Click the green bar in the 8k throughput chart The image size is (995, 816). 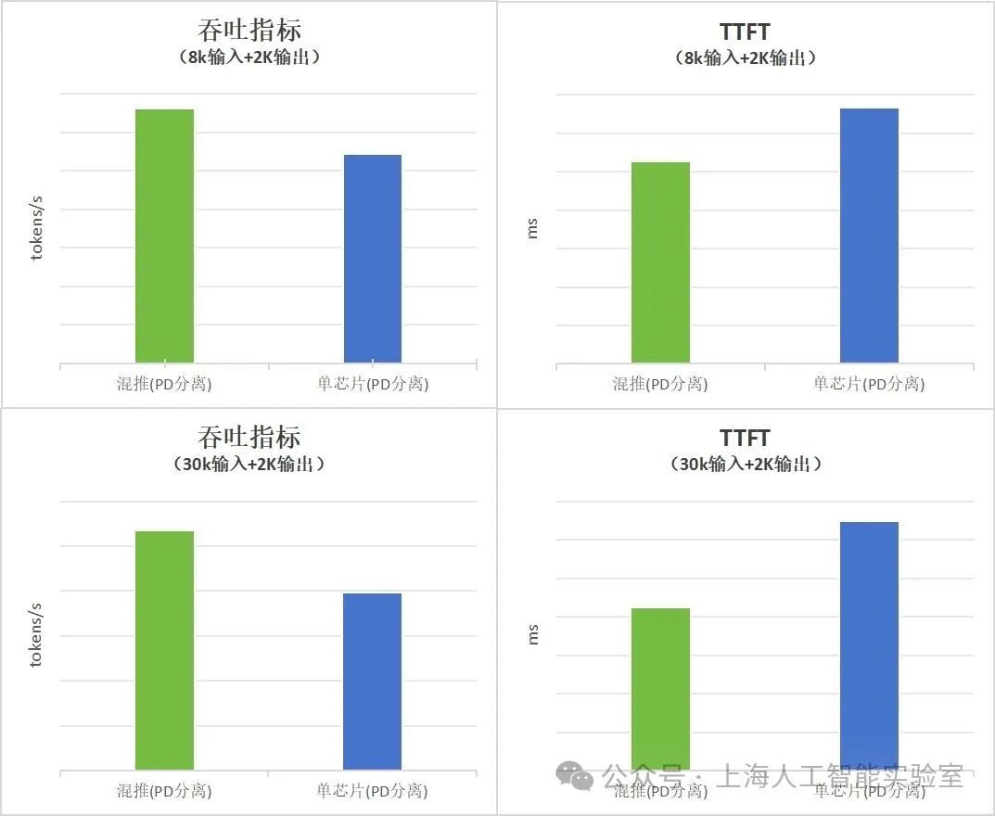click(164, 236)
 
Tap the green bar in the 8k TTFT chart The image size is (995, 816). click(660, 261)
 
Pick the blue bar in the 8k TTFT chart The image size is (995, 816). click(869, 236)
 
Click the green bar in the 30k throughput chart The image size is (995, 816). click(164, 650)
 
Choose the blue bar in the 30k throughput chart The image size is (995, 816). click(372, 681)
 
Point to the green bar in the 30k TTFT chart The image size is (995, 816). click(660, 686)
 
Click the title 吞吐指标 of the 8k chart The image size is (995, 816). click(249, 30)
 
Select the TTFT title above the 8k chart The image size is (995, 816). click(745, 32)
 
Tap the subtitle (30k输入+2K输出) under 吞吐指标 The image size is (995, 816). click(249, 464)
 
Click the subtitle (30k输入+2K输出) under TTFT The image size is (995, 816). click(746, 464)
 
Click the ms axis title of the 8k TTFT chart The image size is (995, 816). click(532, 228)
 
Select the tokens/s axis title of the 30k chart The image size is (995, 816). click(37, 634)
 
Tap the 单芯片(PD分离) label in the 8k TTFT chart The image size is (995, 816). click(869, 383)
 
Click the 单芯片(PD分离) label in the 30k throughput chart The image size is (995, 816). click(372, 791)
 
